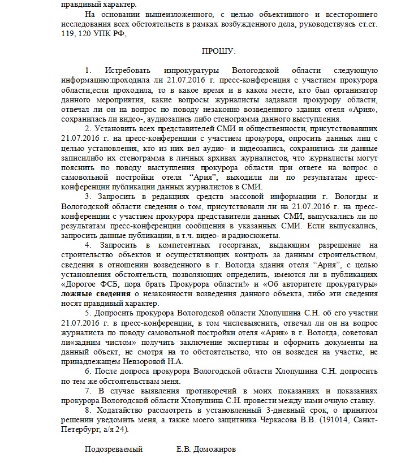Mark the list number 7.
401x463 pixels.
[87, 391]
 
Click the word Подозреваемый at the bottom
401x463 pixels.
[113, 450]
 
